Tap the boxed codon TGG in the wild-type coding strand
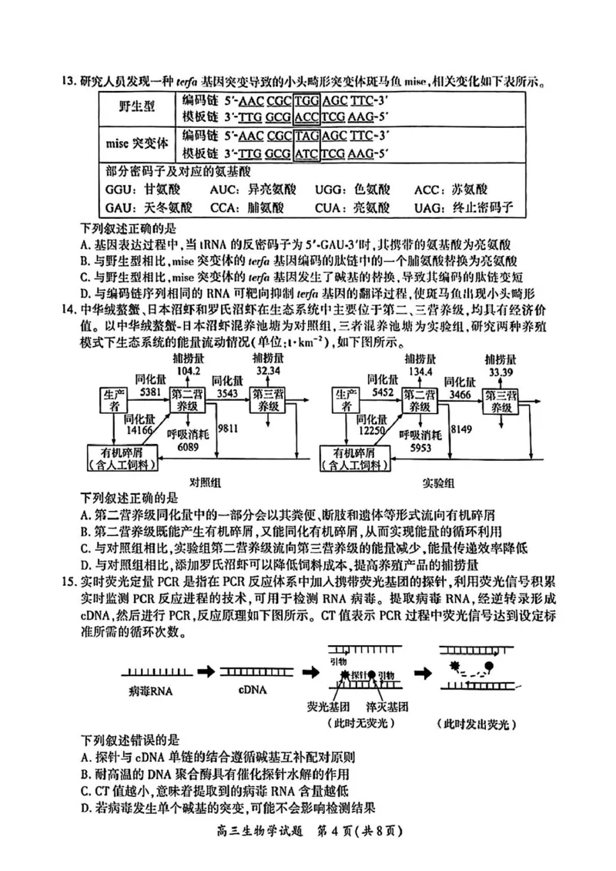(308, 100)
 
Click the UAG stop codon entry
(473, 208)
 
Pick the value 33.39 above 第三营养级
(500, 374)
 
